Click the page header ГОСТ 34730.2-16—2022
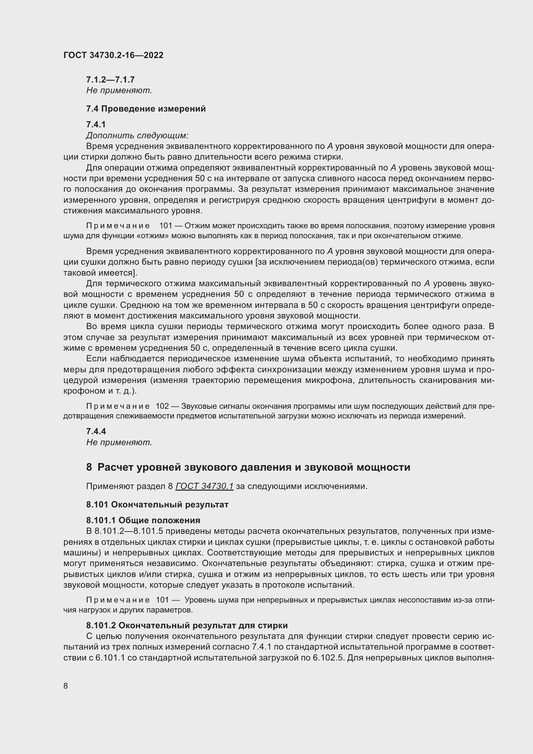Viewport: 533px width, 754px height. pos(113,55)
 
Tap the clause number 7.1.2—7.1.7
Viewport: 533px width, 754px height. pos(110,80)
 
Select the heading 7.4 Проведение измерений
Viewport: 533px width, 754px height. pos(146,109)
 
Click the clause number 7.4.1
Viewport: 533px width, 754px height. pos(96,124)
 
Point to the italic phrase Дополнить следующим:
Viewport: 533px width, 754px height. pos(137,135)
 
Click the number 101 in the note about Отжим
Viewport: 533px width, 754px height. pos(166,226)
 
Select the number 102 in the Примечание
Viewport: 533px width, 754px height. pos(162,406)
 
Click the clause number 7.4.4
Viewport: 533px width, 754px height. pos(96,432)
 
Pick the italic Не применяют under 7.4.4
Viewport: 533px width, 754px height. pos(119,442)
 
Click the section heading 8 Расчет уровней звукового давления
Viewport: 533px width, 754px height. pos(248,467)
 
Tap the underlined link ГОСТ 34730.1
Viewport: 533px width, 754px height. pos(204,486)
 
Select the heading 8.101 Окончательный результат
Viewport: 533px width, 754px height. pos(157,504)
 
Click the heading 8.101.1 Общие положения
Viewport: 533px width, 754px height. pos(143,520)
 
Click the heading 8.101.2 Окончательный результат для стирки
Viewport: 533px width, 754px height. pos(187,626)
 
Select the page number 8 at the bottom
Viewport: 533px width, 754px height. pos(66,686)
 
